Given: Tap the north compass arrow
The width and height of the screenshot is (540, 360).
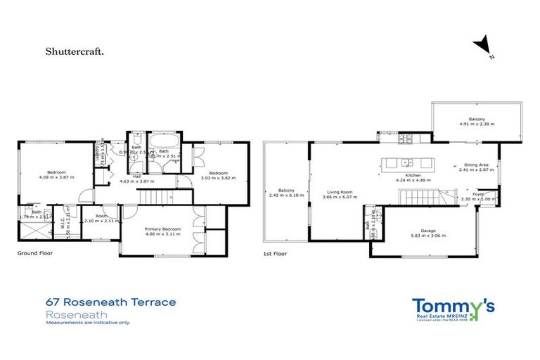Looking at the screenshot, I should [x=483, y=46].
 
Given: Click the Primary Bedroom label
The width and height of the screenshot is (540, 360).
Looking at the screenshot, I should [x=163, y=229].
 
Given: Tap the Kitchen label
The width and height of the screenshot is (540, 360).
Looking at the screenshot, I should [x=413, y=175].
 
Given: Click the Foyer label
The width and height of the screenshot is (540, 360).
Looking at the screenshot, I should [x=479, y=195].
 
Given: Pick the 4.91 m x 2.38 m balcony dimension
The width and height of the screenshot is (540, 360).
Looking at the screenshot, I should [x=477, y=124].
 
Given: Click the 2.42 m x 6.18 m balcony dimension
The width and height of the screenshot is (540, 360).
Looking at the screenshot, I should [x=286, y=195].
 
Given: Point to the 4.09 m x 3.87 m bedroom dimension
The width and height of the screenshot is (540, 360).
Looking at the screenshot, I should [x=56, y=177].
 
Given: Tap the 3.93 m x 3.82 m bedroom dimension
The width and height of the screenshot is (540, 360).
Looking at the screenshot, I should [x=219, y=178].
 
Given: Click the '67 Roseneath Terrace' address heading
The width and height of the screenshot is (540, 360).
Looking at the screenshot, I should [x=110, y=302].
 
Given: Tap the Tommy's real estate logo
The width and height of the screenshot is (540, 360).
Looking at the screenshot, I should [x=453, y=308].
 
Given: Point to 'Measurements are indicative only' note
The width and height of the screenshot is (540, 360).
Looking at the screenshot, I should [x=88, y=323].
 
